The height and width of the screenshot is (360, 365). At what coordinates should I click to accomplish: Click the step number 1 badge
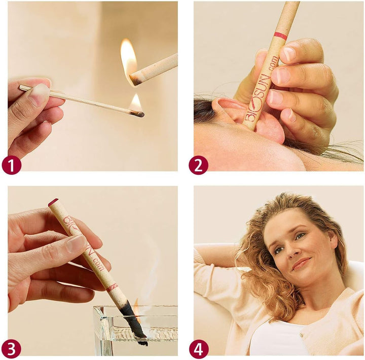coord(12,165)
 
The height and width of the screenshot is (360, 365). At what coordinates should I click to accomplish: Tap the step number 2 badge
coord(198,165)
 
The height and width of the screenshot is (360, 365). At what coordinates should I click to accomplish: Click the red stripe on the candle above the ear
coord(280,36)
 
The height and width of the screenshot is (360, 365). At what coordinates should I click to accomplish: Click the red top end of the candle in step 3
coord(53,202)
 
